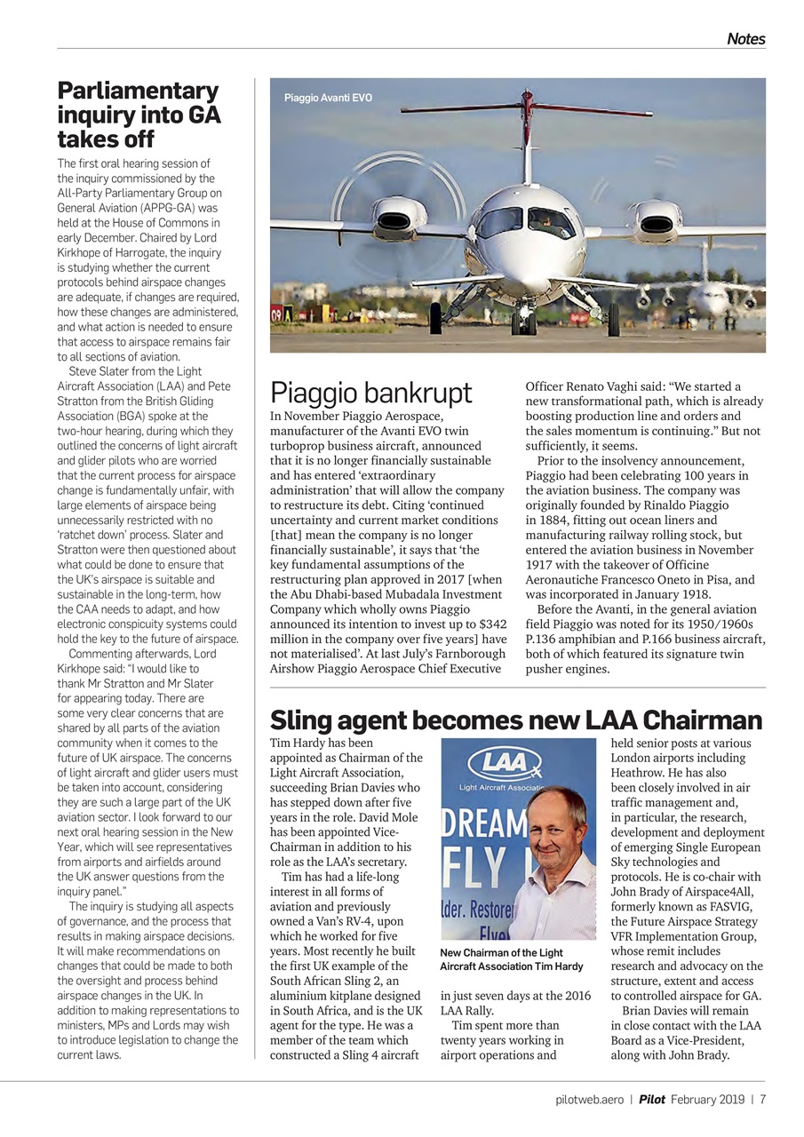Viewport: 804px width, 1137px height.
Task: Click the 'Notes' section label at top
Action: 745,38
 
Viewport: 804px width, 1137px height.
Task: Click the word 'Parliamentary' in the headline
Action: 138,91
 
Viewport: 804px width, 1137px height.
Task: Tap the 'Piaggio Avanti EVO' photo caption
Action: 328,98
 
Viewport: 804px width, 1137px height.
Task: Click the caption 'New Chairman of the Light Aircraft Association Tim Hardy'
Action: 512,959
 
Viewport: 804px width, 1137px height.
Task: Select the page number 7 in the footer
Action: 762,1099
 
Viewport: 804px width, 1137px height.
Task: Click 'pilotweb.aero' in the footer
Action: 583,1099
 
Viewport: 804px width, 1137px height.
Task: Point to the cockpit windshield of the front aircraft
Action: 526,222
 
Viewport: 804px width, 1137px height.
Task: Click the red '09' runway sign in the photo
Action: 280,314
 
